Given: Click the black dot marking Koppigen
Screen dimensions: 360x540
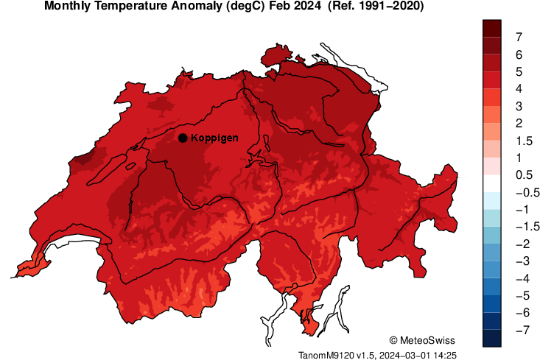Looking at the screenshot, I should click(x=182, y=138).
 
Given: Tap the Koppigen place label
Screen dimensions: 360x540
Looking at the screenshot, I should click(x=214, y=138).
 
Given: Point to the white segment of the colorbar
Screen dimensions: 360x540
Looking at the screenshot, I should click(x=493, y=183).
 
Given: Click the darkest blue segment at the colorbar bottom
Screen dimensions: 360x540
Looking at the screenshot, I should click(x=493, y=338).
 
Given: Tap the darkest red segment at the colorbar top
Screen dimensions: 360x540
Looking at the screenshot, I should click(x=493, y=28).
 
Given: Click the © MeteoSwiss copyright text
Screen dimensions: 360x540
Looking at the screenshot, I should click(x=422, y=340).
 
